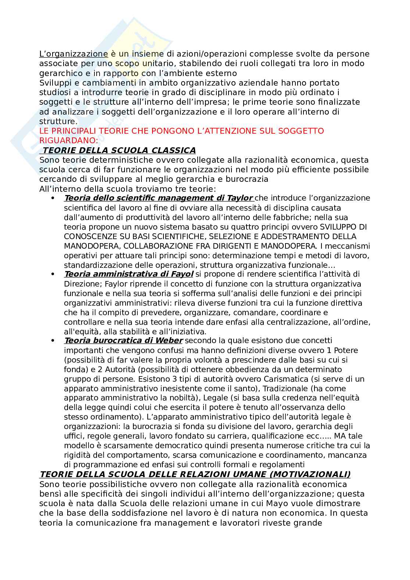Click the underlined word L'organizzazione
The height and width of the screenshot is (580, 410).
(x=73, y=54)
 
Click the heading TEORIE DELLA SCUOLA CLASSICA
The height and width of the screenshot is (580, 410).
(x=119, y=150)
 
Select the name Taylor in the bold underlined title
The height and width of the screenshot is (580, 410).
(x=239, y=198)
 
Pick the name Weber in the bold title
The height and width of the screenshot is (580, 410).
(x=169, y=341)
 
